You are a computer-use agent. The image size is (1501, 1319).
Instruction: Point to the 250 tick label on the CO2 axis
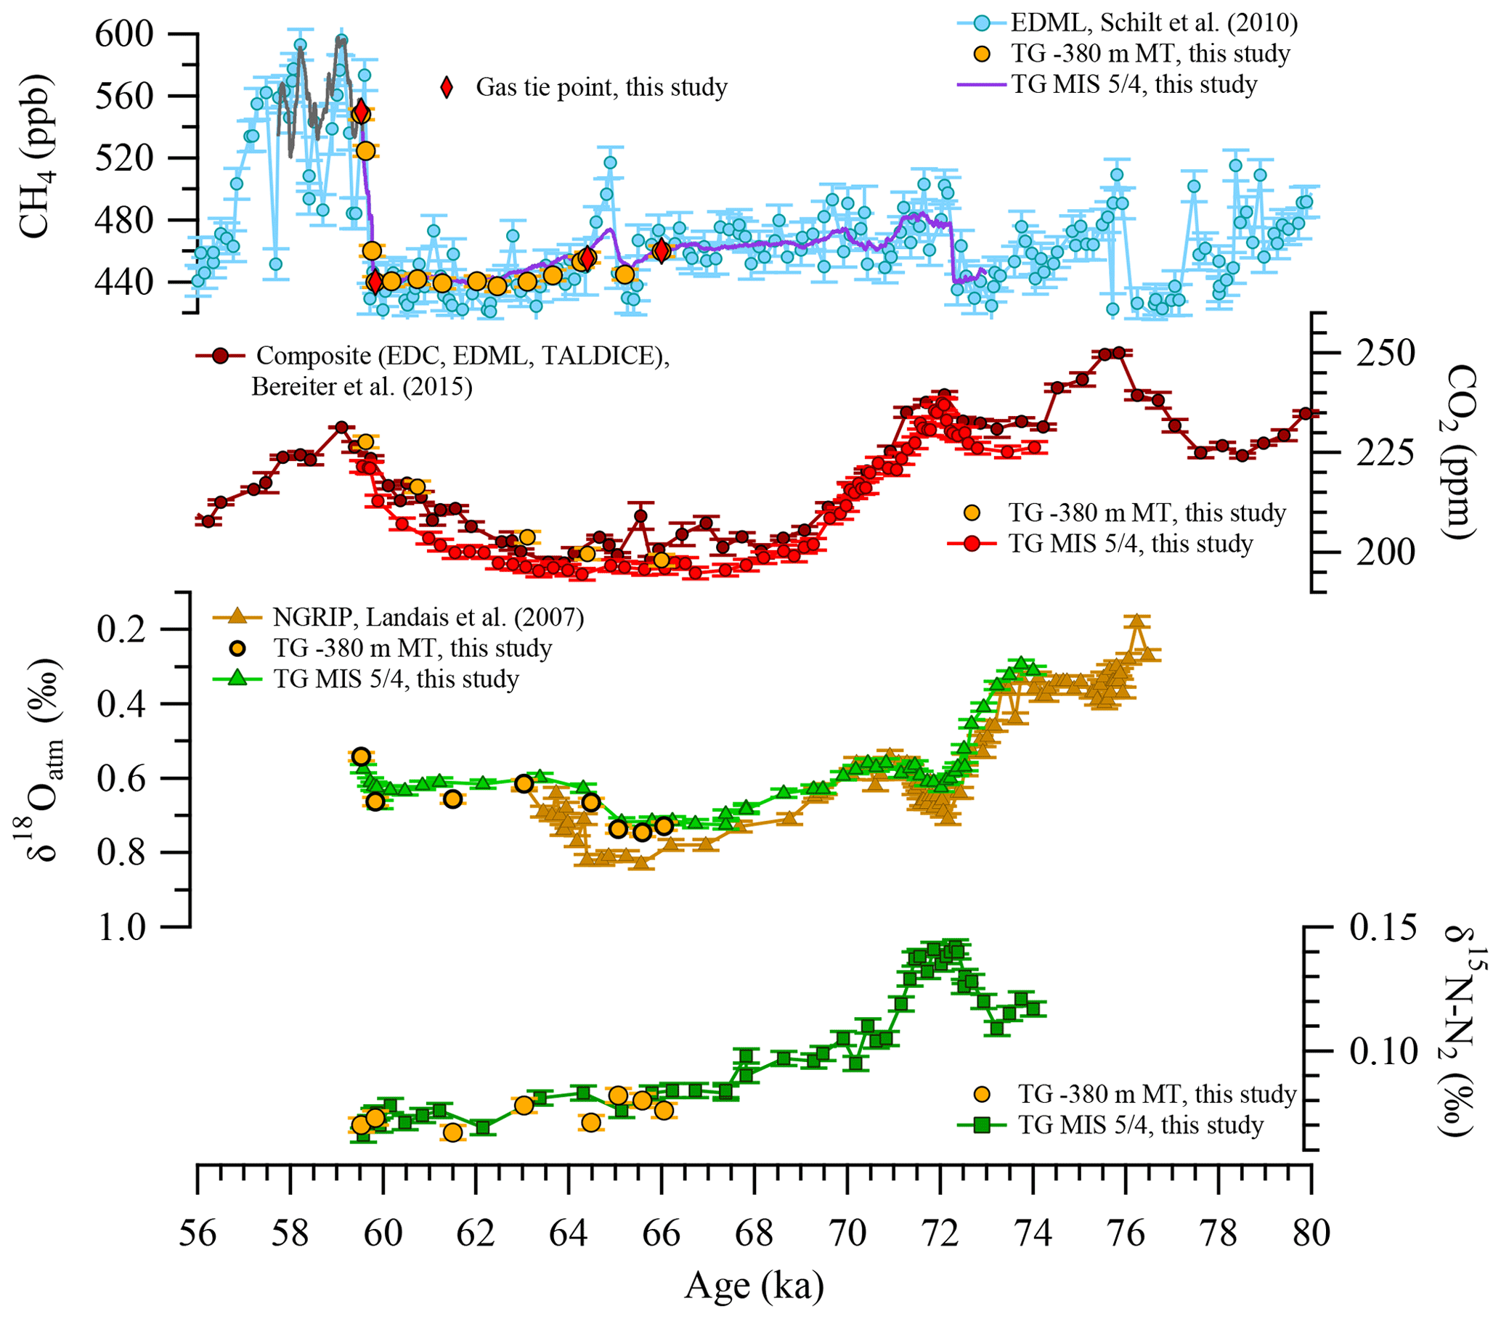tap(1385, 353)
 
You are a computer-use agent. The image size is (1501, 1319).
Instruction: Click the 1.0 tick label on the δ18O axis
tap(140, 926)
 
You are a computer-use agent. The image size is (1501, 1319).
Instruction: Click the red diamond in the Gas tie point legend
tap(447, 87)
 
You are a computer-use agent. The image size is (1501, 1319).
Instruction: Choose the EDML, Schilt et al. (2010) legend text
tap(1154, 23)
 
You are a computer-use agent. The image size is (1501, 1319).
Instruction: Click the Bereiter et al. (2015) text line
tap(362, 387)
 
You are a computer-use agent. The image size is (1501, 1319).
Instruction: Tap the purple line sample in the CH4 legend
tap(981, 84)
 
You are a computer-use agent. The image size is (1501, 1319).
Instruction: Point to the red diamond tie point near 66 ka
tap(662, 251)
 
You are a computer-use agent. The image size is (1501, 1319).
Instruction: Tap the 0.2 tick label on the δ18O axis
tap(140, 629)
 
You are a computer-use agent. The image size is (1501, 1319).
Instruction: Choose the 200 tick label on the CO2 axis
tap(1385, 552)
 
